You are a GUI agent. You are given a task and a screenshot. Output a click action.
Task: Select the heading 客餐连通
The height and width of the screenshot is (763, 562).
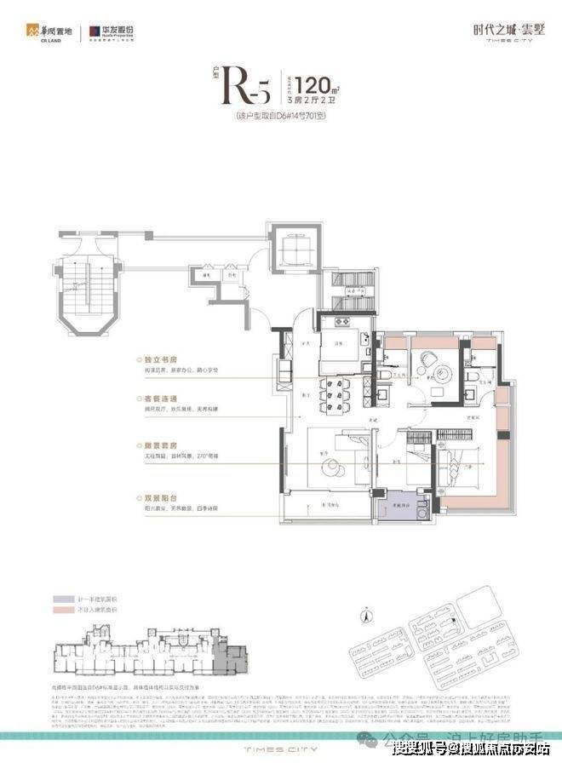pyautogui.click(x=162, y=398)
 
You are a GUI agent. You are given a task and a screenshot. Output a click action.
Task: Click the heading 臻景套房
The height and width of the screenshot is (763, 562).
pyautogui.click(x=162, y=445)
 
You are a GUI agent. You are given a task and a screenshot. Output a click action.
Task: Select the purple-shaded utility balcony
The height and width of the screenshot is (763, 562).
pyautogui.click(x=397, y=508)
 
